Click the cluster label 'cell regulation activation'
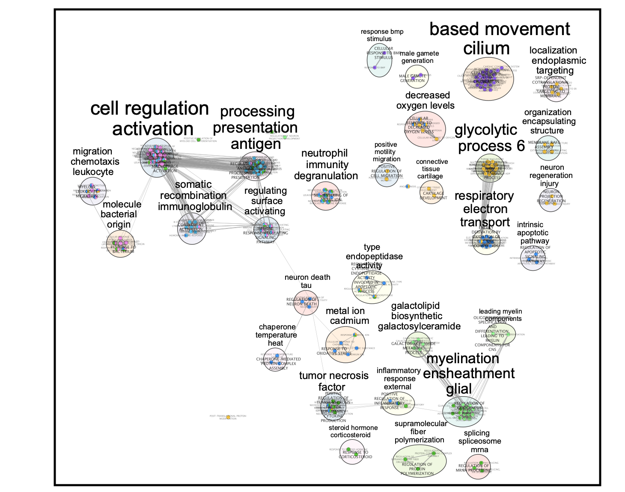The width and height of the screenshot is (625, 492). tap(150, 119)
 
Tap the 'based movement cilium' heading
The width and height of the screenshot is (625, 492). tap(499, 39)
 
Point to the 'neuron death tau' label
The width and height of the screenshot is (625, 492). tap(307, 281)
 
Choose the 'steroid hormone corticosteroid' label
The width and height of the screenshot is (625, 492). tap(353, 431)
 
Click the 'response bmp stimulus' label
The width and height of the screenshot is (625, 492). tap(381, 35)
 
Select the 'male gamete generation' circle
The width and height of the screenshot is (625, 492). tap(416, 77)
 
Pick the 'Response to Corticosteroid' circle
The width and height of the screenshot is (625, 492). tap(352, 452)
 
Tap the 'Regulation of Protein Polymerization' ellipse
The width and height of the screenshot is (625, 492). tap(420, 461)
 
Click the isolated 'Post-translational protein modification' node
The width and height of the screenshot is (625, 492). tap(228, 416)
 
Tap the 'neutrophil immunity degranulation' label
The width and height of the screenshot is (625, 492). tap(326, 165)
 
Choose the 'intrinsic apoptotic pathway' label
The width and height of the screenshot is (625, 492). tap(533, 233)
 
